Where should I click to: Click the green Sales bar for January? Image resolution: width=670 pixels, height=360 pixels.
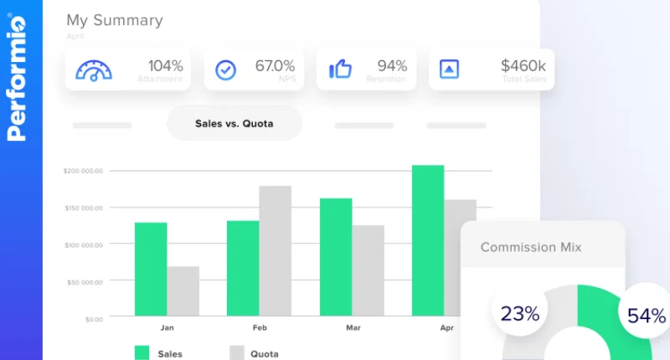pyautogui.click(x=151, y=270)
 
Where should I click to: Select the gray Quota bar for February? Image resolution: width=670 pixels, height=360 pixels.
pyautogui.click(x=276, y=251)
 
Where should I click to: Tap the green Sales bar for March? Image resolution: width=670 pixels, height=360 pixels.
pyautogui.click(x=336, y=258)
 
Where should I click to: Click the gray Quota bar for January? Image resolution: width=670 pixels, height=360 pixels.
pyautogui.click(x=183, y=292)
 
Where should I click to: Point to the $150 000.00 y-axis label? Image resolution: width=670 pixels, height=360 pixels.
pyautogui.click(x=83, y=208)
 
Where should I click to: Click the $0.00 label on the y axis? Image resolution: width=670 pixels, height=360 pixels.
pyautogui.click(x=93, y=319)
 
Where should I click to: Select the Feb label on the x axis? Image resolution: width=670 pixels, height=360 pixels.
pyautogui.click(x=260, y=328)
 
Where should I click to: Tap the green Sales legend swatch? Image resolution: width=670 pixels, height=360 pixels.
pyautogui.click(x=142, y=352)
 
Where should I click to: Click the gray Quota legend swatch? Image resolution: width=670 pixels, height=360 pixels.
pyautogui.click(x=237, y=352)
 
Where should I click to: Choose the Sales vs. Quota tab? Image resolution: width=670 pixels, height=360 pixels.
pyautogui.click(x=234, y=124)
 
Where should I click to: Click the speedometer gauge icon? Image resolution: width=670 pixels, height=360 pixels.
pyautogui.click(x=94, y=69)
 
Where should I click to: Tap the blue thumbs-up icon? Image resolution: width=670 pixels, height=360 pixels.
pyautogui.click(x=340, y=69)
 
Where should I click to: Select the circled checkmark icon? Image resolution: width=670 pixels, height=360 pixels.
pyautogui.click(x=226, y=69)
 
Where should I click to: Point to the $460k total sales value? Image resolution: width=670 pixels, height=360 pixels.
pyautogui.click(x=523, y=65)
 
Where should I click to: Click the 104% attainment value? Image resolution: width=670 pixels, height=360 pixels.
pyautogui.click(x=165, y=65)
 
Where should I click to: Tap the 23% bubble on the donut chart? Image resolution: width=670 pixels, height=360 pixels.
pyautogui.click(x=520, y=314)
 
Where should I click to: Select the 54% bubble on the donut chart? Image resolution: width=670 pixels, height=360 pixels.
pyautogui.click(x=646, y=316)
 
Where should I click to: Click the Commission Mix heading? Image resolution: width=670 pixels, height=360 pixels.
pyautogui.click(x=531, y=247)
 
